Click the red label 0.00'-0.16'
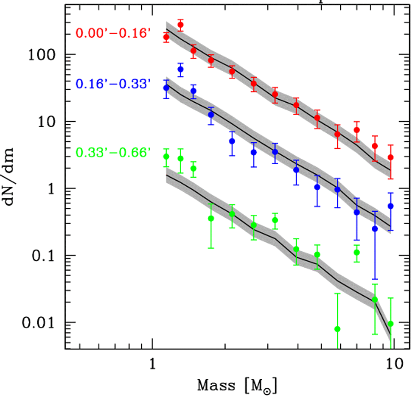click(x=113, y=33)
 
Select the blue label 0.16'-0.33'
click(x=113, y=84)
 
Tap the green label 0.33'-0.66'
click(x=113, y=151)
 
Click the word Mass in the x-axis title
click(x=218, y=386)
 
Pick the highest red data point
click(x=180, y=25)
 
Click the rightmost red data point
click(x=390, y=157)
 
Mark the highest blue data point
click(x=180, y=69)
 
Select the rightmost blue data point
click(x=390, y=206)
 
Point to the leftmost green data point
click(x=166, y=157)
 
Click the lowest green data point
click(x=337, y=329)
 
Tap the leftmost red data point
click(x=166, y=37)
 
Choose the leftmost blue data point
click(x=166, y=88)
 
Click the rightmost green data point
click(x=390, y=324)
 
